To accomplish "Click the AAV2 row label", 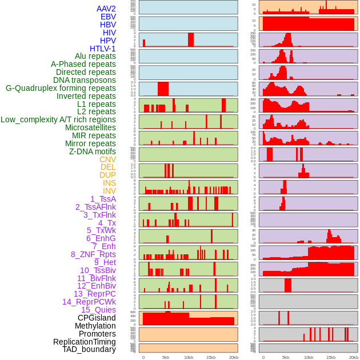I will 106,9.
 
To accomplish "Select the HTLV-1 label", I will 102,49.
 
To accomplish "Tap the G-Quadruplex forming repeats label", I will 61,88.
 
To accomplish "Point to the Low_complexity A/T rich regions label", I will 58,119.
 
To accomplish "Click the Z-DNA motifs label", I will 92,151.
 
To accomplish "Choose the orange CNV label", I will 107,159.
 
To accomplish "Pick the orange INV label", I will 109,191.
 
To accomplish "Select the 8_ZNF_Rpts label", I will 93,254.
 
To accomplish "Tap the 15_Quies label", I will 98,310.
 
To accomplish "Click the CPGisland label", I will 97,318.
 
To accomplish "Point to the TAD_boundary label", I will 89,349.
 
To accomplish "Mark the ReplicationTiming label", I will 84,342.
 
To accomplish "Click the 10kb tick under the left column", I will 188,357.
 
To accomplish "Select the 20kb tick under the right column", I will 353,357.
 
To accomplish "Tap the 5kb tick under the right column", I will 285,357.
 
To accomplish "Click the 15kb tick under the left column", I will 211,357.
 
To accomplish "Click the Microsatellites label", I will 90,127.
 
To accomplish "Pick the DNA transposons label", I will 85,80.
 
